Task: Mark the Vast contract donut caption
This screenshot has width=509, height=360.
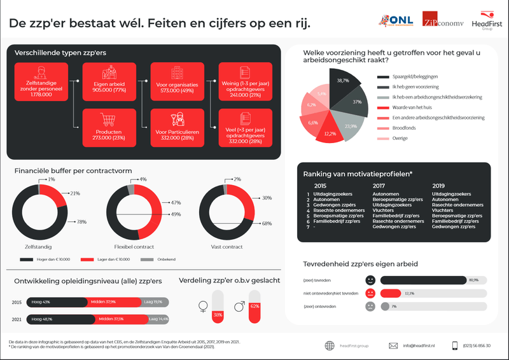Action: pos(227,246)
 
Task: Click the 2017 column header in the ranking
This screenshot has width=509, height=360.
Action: pos(379,185)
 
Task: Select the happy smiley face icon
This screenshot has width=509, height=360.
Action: pos(370,280)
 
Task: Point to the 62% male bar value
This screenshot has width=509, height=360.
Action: pos(255,306)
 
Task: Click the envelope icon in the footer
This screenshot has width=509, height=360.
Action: pos(393,345)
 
